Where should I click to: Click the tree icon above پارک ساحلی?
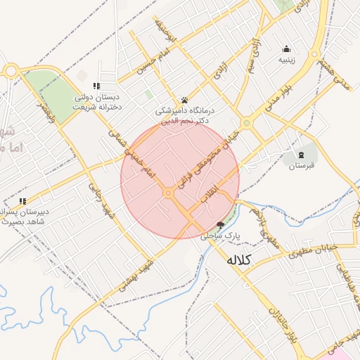pyautogui.click(x=221, y=226)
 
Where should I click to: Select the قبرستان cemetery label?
pyautogui.click(x=301, y=166)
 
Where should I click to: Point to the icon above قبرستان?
pyautogui.click(x=301, y=154)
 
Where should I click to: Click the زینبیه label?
pyautogui.click(x=286, y=60)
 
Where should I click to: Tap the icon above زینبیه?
pyautogui.click(x=286, y=49)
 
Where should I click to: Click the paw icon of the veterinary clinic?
pyautogui.click(x=184, y=100)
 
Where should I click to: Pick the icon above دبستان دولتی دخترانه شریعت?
pyautogui.click(x=96, y=86)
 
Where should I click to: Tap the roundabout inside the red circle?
pyautogui.click(x=169, y=193)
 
